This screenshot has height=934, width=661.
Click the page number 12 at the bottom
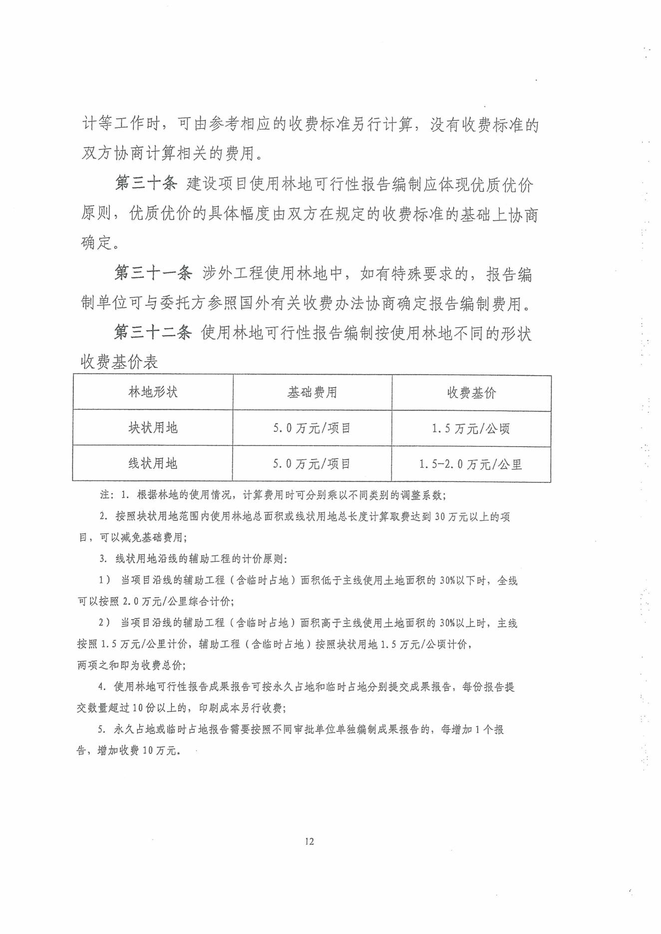pyautogui.click(x=309, y=841)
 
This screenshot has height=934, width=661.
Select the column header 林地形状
pyautogui.click(x=153, y=392)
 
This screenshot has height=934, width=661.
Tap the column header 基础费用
pyautogui.click(x=312, y=393)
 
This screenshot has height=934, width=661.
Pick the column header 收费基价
pyautogui.click(x=471, y=393)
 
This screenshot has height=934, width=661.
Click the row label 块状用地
pyautogui.click(x=153, y=428)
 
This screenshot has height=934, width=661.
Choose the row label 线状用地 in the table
pyautogui.click(x=153, y=464)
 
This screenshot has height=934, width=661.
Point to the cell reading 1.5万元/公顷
pyautogui.click(x=471, y=429)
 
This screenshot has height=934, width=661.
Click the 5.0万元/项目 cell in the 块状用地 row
pyautogui.click(x=312, y=428)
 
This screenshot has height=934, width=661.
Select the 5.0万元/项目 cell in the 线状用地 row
pyautogui.click(x=312, y=464)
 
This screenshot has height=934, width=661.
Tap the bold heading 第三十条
pyautogui.click(x=146, y=184)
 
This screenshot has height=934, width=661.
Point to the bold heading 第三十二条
pyautogui.click(x=153, y=332)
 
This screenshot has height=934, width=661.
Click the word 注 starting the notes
pyautogui.click(x=104, y=495)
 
